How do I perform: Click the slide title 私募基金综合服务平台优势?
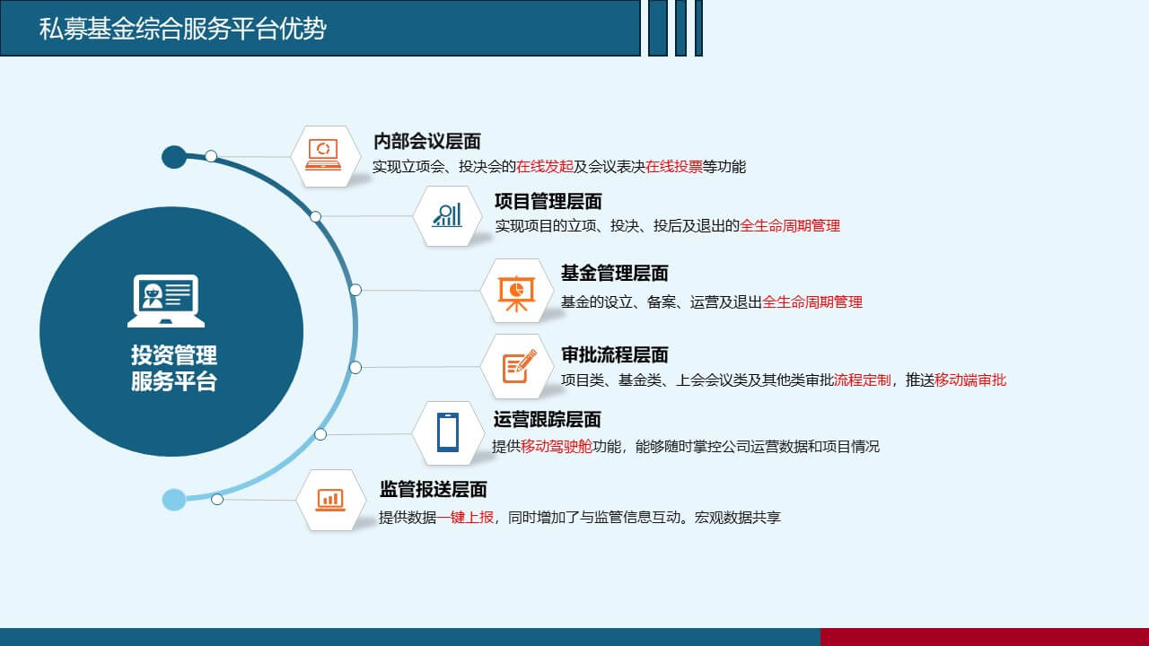(182, 28)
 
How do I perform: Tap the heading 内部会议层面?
(427, 142)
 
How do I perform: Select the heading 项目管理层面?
(548, 202)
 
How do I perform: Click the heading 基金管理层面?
(615, 274)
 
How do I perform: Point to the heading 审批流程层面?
(615, 354)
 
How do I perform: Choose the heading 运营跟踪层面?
(548, 420)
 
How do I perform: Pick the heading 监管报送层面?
(434, 490)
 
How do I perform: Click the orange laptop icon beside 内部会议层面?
(323, 154)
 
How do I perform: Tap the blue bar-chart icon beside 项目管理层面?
(447, 215)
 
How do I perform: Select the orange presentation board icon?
(516, 293)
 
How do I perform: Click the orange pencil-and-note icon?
(519, 366)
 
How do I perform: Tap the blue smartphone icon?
(448, 432)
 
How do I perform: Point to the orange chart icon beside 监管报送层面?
(330, 500)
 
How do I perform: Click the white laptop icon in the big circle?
(166, 301)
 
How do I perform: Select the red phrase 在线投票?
(674, 167)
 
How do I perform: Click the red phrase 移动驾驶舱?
(557, 447)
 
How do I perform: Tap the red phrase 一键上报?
(465, 518)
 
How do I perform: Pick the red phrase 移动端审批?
(970, 380)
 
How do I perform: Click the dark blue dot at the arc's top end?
(174, 157)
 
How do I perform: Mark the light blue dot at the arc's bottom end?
(174, 500)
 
